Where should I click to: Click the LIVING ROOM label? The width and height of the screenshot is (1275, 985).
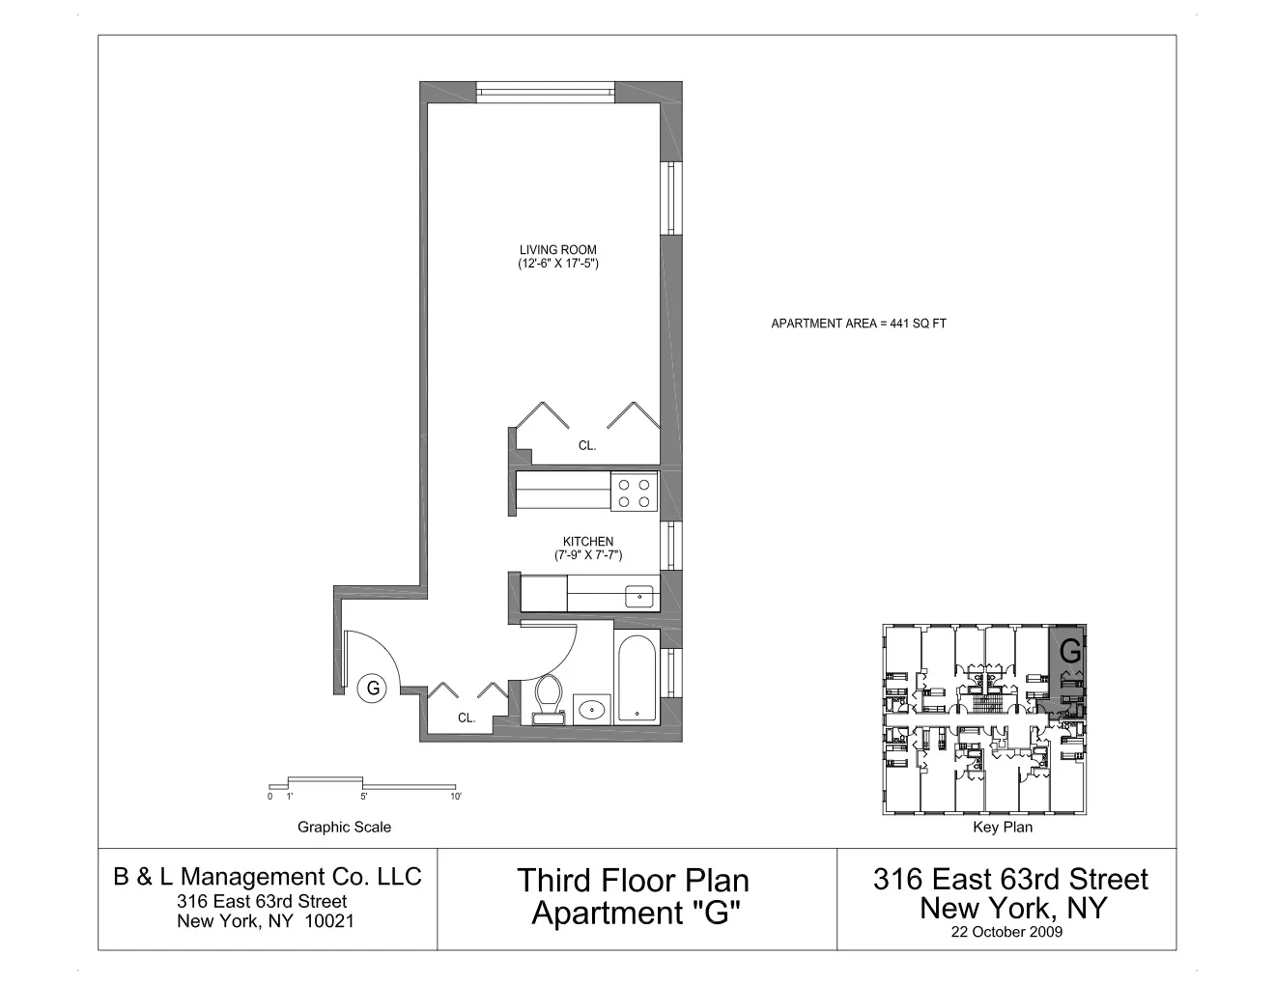[557, 250]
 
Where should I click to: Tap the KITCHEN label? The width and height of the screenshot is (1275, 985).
[587, 542]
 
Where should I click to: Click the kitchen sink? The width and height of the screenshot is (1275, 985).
[639, 597]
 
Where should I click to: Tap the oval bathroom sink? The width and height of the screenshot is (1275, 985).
[590, 710]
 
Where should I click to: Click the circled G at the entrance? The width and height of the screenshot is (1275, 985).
[372, 689]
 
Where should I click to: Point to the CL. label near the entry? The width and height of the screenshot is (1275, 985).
[467, 718]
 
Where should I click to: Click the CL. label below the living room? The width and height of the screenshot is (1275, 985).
[587, 446]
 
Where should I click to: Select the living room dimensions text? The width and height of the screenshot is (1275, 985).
[558, 264]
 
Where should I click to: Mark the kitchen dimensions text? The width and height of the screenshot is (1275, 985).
[587, 555]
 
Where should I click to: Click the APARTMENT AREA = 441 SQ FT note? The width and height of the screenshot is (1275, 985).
[858, 324]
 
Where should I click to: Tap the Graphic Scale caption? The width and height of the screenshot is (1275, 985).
[344, 827]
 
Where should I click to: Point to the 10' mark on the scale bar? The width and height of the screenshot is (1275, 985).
[455, 797]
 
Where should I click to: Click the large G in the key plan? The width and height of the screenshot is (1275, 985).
[1070, 653]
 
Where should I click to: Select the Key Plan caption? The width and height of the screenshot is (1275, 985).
[1002, 827]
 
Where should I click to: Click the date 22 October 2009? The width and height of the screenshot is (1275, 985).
[1006, 932]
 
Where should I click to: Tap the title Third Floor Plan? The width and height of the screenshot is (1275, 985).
[633, 880]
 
